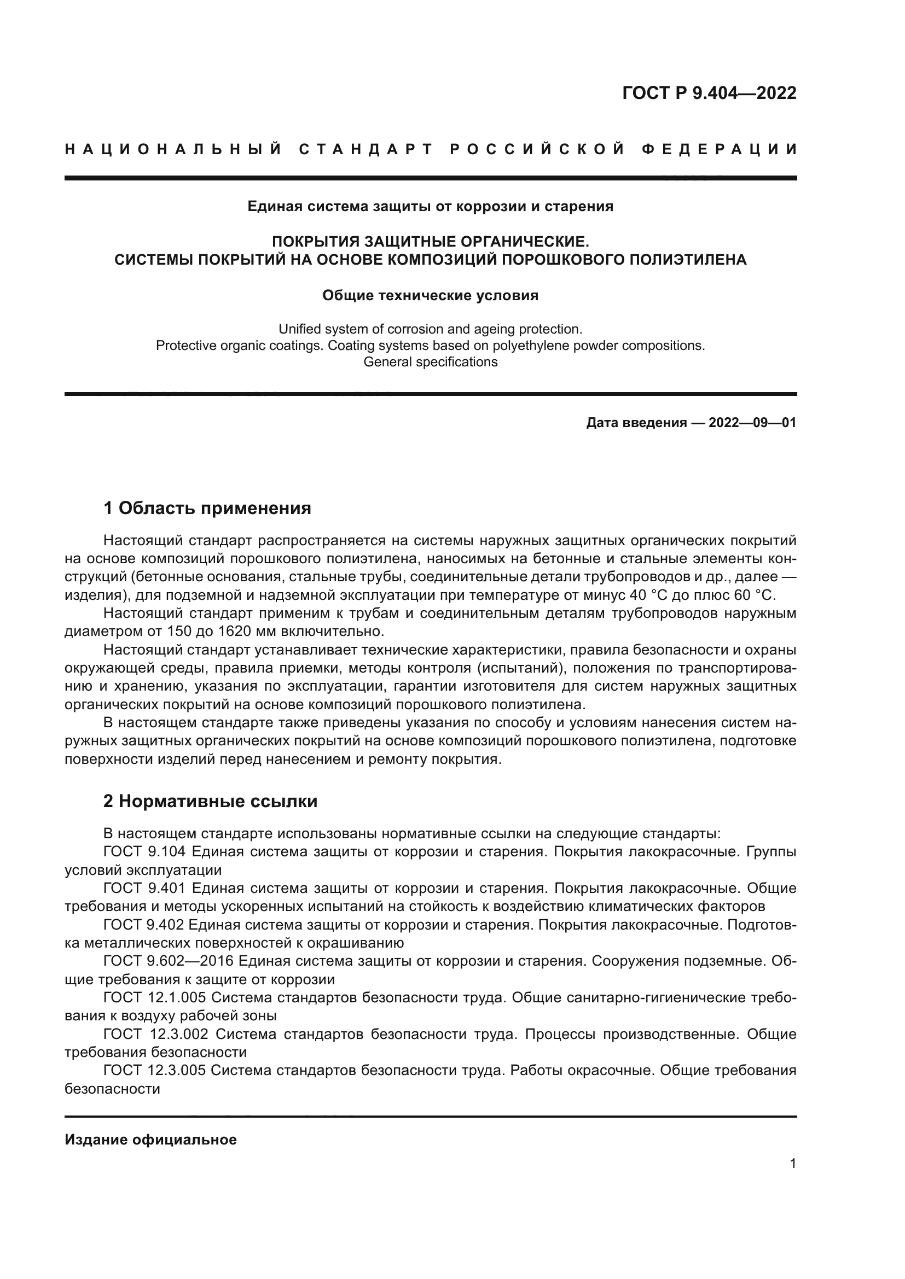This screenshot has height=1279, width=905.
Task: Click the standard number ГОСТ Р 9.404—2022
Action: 709,93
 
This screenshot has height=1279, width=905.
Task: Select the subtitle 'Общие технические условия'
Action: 430,295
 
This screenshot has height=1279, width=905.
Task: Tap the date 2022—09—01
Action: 752,423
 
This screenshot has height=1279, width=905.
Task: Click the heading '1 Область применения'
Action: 207,508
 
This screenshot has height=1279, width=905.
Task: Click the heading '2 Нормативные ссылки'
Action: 211,802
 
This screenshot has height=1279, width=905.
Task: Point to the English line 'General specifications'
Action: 430,362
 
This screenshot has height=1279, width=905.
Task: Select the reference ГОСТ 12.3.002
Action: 156,1034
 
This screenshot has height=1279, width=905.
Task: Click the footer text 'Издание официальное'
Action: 150,1140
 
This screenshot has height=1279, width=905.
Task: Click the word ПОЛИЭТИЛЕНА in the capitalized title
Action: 688,260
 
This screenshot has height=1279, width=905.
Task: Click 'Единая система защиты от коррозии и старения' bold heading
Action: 430,207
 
